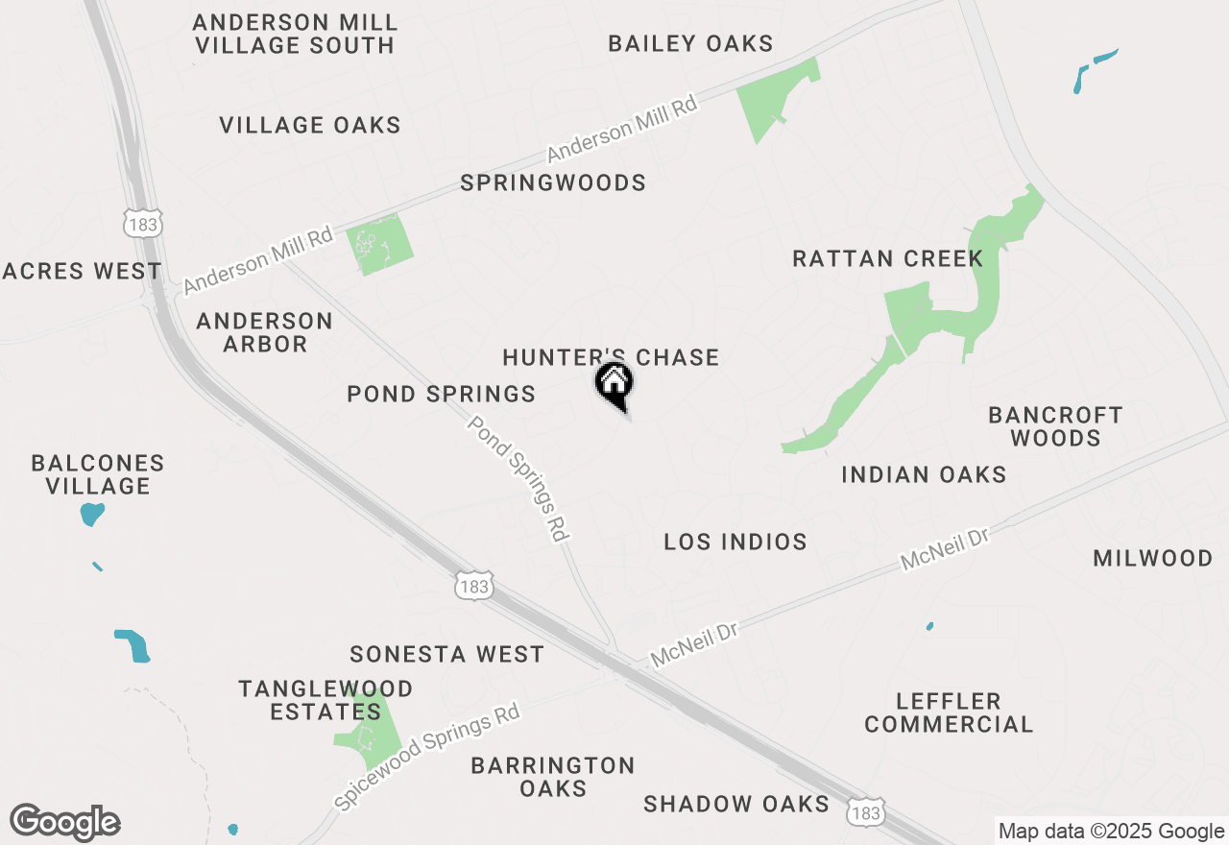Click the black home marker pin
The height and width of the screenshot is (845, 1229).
[614, 385]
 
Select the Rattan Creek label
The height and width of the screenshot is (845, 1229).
[887, 258]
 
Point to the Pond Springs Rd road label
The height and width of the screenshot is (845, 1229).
[519, 478]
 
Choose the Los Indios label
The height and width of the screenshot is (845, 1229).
[735, 542]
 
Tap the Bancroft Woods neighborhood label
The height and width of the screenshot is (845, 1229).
[1055, 426]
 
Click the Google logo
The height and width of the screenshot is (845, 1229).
[65, 822]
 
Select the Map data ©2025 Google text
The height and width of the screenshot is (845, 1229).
[1111, 832]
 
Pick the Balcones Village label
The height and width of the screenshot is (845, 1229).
[98, 474]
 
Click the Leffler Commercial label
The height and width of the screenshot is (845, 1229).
[949, 712]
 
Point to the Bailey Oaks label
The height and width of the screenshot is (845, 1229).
[690, 43]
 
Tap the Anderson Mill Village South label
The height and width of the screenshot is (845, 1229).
[295, 34]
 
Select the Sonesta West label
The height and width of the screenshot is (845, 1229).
[446, 654]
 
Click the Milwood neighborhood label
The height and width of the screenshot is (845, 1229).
[1152, 558]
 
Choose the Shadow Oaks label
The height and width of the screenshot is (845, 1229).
[736, 804]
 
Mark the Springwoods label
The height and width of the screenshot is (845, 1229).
[553, 182]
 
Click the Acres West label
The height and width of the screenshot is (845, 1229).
[82, 271]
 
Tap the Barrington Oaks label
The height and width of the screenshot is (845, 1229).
[553, 777]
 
